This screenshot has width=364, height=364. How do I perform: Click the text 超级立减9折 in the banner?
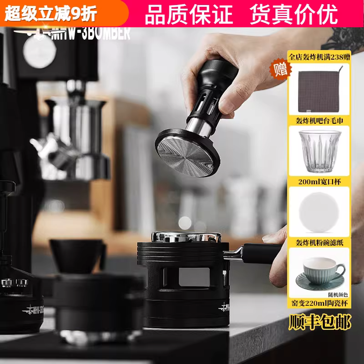[51, 14]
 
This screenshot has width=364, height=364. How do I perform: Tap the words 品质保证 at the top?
[188, 14]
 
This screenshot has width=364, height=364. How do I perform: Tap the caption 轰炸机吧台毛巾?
[318, 121]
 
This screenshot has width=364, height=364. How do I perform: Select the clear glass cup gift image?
[318, 152]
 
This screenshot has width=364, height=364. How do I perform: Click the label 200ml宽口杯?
[318, 182]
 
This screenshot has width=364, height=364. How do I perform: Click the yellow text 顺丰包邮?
[320, 323]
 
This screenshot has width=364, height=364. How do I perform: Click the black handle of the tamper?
[209, 73]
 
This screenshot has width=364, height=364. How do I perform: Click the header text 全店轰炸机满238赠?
[319, 57]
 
